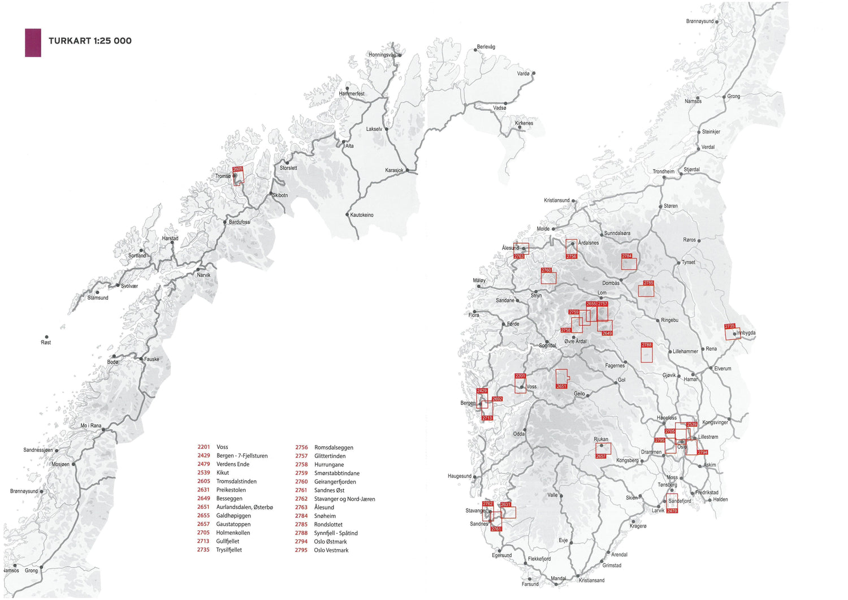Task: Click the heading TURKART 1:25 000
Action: (90, 41)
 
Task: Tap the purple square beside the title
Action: (33, 42)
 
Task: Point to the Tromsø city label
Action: (223, 176)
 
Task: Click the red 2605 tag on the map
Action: (237, 169)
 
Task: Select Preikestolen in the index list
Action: (231, 490)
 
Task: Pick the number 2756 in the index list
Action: (301, 447)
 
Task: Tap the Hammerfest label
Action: (352, 94)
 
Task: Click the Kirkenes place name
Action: (523, 123)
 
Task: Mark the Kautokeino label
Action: (362, 215)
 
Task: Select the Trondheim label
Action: (663, 171)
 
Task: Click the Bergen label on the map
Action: (468, 403)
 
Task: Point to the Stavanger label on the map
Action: (475, 511)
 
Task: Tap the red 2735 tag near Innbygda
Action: (729, 326)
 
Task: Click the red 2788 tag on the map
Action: (646, 345)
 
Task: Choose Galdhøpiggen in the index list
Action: (233, 516)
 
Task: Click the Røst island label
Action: (46, 342)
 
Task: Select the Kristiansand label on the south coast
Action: (591, 580)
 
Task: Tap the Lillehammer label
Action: (685, 351)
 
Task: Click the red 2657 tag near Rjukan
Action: (600, 456)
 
